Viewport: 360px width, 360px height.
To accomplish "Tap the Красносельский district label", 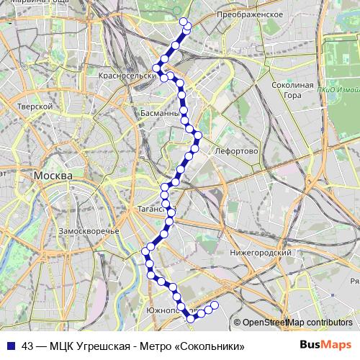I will click(x=130, y=75).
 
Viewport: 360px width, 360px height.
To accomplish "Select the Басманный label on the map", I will click(x=159, y=113).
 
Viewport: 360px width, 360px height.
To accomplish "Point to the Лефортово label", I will click(x=236, y=151).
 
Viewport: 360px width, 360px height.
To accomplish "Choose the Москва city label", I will click(x=53, y=176).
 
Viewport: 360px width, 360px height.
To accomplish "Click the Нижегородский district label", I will click(x=260, y=253).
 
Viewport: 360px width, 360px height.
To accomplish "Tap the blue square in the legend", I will click(x=10, y=346).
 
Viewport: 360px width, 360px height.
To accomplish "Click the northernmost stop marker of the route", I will click(x=183, y=22).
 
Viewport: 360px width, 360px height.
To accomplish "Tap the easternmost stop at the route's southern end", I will click(x=215, y=305).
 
